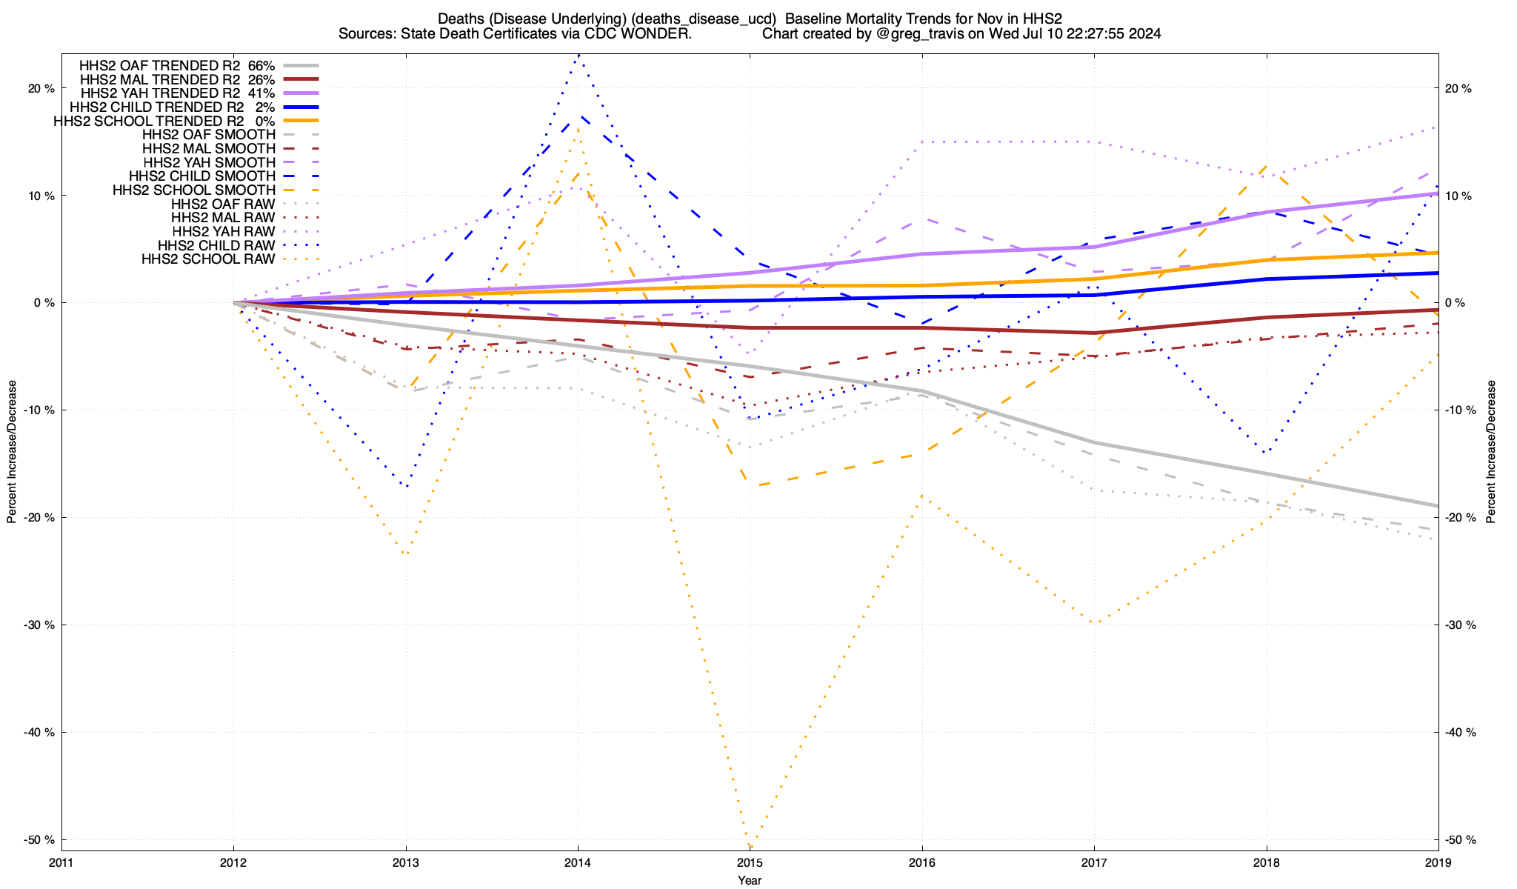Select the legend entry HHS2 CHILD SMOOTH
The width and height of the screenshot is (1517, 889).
[201, 176]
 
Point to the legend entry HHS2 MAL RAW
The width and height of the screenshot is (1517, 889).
[222, 218]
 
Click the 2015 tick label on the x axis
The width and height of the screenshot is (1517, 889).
[750, 862]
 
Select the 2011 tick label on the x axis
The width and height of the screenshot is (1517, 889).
[61, 862]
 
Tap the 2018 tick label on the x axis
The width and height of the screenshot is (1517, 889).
[1266, 862]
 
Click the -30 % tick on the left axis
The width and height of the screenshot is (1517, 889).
[40, 625]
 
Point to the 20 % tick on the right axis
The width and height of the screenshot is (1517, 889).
[1458, 89]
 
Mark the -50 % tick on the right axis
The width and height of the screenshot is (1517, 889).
[1460, 840]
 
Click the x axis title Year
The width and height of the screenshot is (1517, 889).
[750, 880]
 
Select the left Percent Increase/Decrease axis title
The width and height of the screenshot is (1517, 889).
[12, 452]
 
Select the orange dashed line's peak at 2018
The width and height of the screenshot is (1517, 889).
[1267, 167]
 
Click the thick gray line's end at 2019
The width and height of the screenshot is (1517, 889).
[1437, 506]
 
